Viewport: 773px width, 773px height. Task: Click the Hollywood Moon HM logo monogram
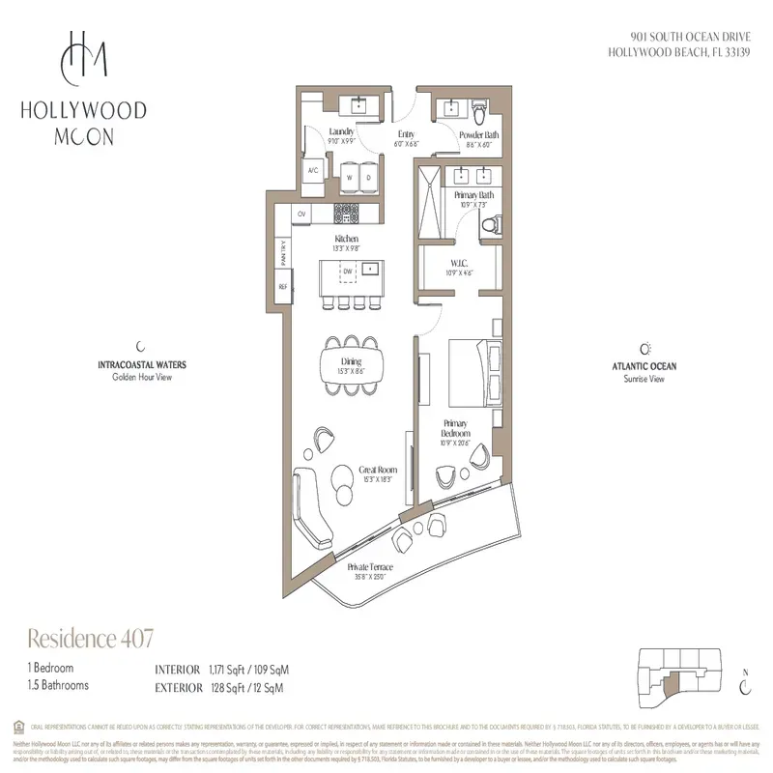pyautogui.click(x=82, y=59)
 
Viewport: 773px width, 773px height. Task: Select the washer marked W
pyautogui.click(x=349, y=177)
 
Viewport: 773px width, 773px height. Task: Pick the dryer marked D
pyautogui.click(x=368, y=177)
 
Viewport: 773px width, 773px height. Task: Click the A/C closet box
pyautogui.click(x=312, y=171)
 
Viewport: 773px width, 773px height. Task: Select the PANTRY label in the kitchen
pyautogui.click(x=283, y=254)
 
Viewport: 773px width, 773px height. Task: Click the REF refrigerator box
pyautogui.click(x=283, y=287)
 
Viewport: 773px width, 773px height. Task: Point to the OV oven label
pyautogui.click(x=301, y=213)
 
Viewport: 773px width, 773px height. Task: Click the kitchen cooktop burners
pyautogui.click(x=347, y=212)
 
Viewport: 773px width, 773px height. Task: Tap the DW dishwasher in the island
pyautogui.click(x=346, y=272)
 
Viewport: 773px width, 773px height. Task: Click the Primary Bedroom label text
pyautogui.click(x=456, y=429)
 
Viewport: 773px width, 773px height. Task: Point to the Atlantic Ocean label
pyautogui.click(x=644, y=367)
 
